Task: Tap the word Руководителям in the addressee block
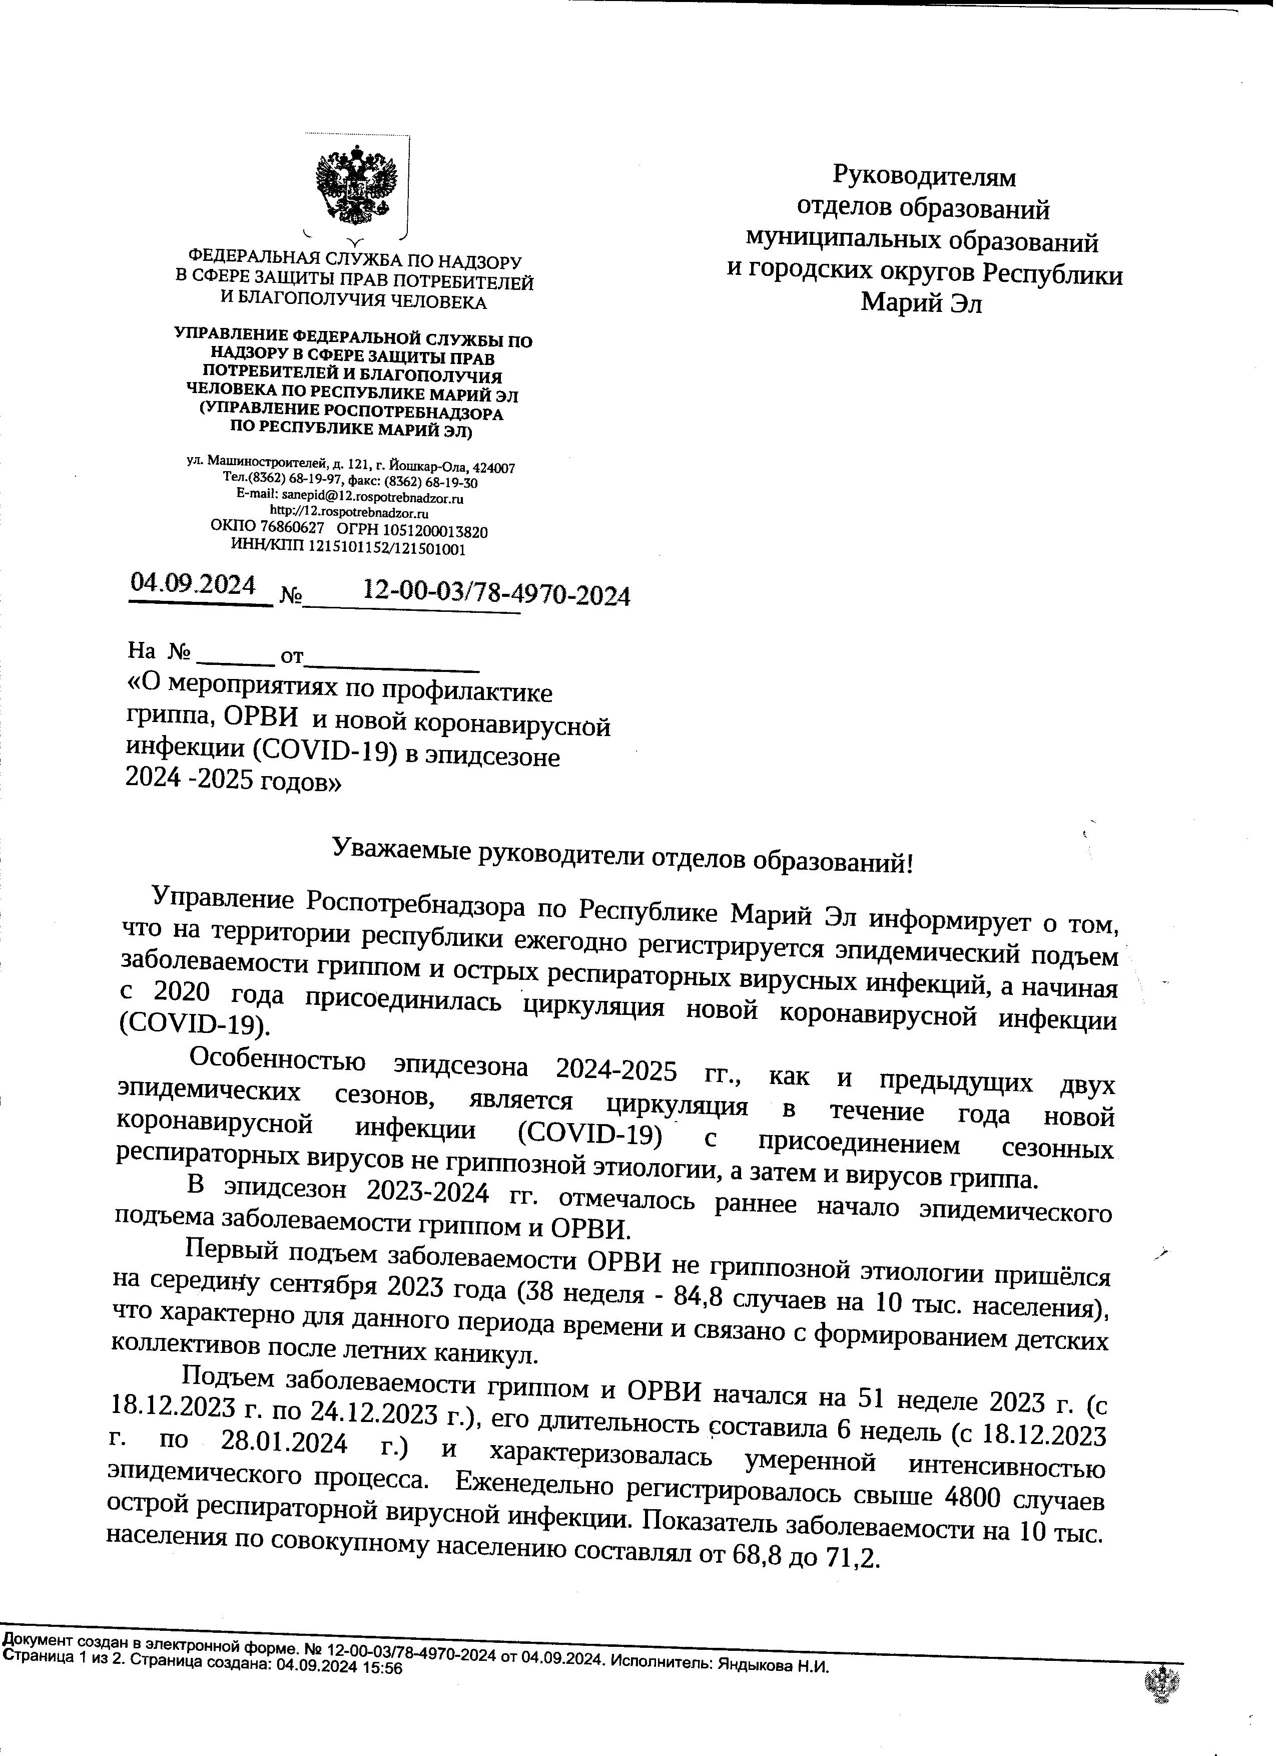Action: tap(924, 177)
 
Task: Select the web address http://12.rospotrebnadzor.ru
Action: tap(349, 513)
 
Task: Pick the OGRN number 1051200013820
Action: tap(438, 532)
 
